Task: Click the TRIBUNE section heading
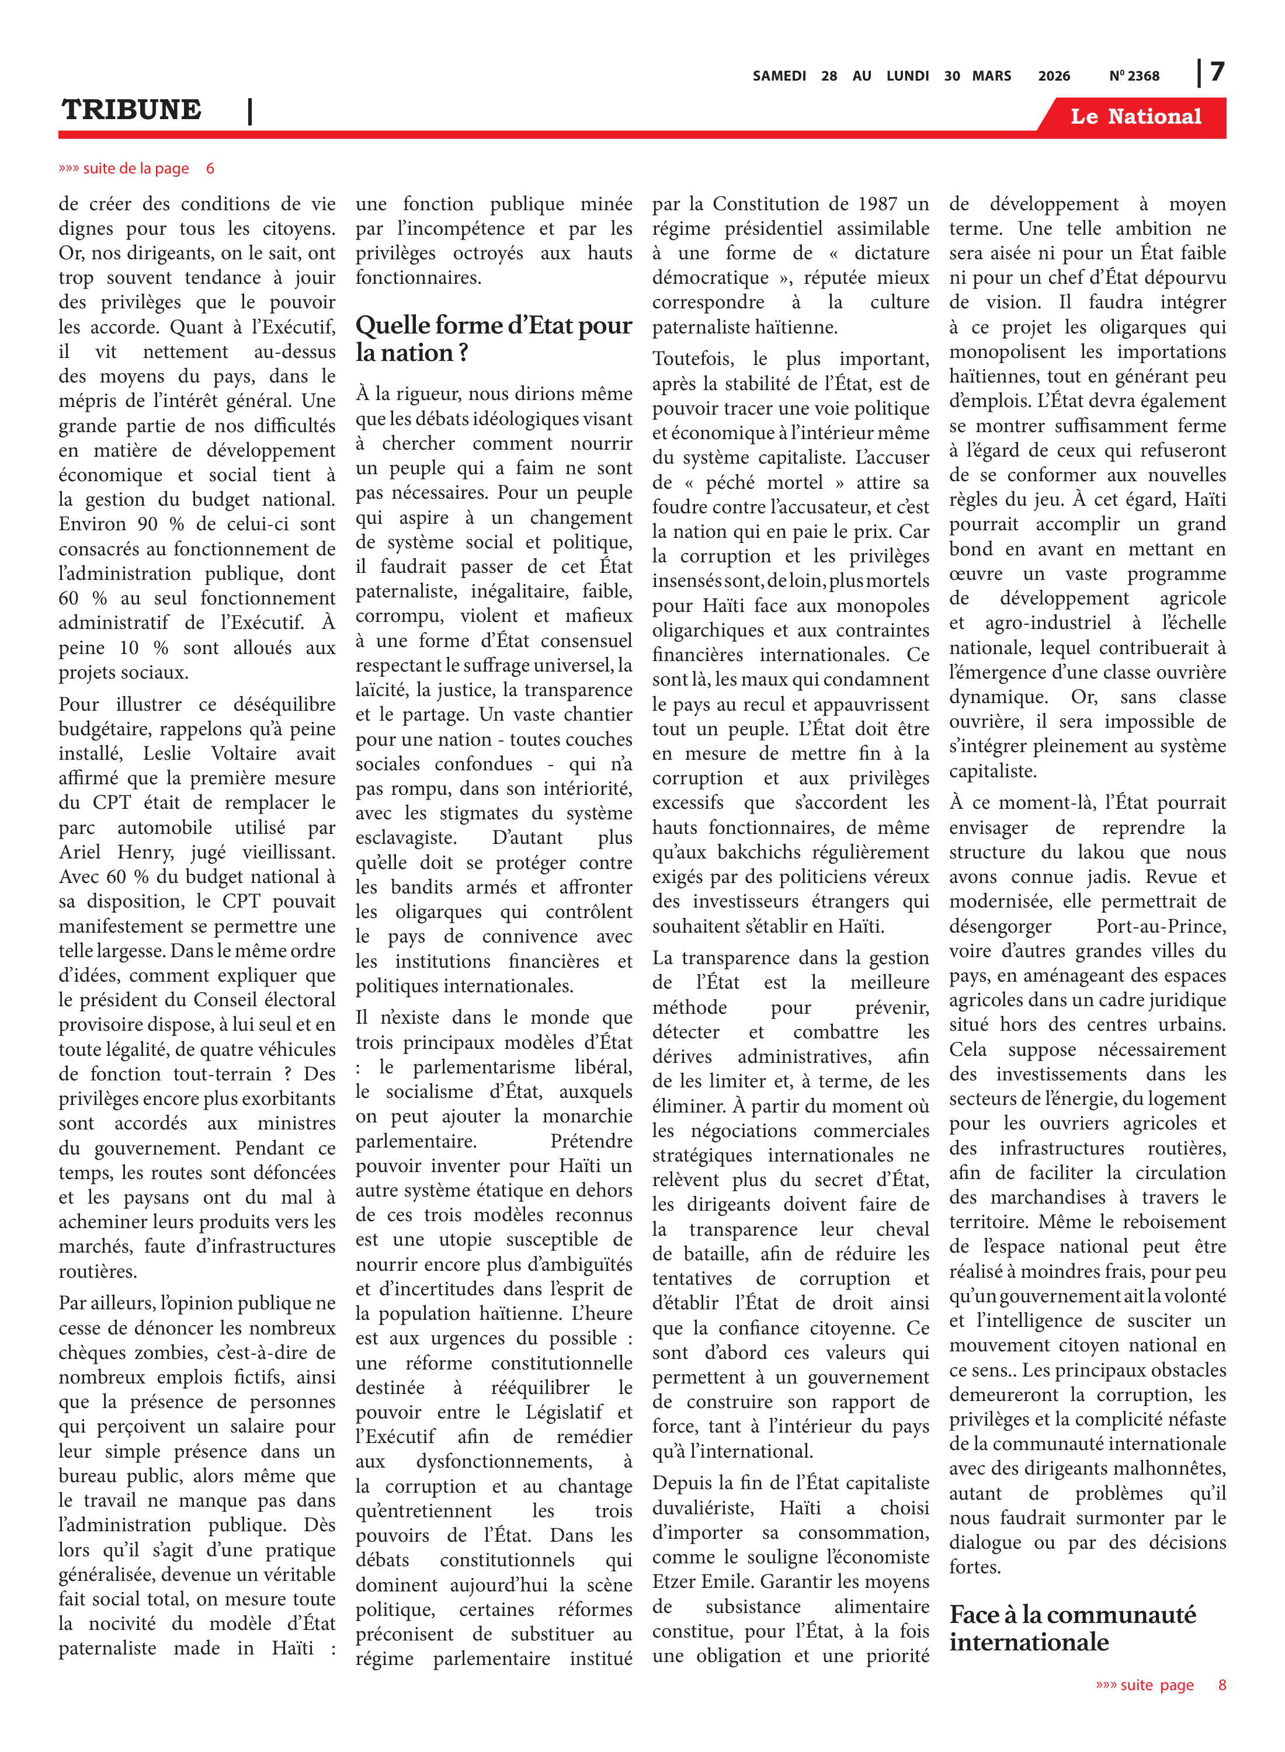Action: pos(131,110)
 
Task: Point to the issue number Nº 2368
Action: pos(1134,75)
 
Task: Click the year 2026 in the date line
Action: pos(1054,75)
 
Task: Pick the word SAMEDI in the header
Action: pos(779,75)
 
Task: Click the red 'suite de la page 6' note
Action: pos(136,168)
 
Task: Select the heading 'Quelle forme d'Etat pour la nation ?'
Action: pos(493,338)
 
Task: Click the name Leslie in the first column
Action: pos(166,753)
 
